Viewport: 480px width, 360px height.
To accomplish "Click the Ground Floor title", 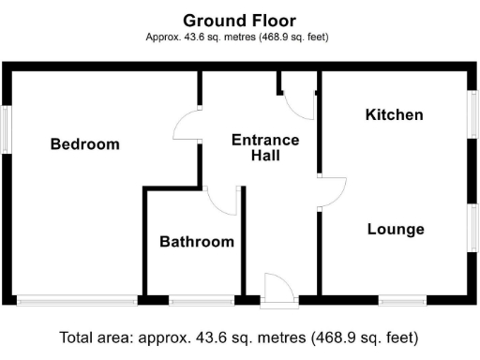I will click(239, 20).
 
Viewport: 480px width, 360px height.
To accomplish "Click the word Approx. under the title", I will click(163, 37).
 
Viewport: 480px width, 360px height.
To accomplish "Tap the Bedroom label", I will click(85, 144).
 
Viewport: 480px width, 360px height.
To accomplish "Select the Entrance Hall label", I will click(265, 148).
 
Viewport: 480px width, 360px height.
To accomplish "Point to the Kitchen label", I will click(394, 115).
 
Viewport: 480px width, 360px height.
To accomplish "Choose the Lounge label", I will click(396, 230).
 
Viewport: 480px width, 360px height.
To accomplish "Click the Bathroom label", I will click(196, 242).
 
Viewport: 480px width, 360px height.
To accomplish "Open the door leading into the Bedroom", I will click(187, 126).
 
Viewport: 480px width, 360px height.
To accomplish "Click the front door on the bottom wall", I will click(279, 291).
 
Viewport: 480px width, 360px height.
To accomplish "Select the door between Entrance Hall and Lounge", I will click(332, 192).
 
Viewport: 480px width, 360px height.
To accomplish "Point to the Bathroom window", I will click(202, 301).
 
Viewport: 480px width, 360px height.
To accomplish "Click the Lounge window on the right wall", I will click(474, 230).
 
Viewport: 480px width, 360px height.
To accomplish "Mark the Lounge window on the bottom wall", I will click(402, 301).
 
